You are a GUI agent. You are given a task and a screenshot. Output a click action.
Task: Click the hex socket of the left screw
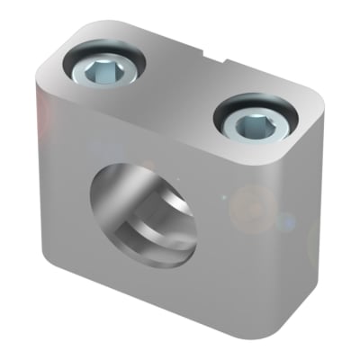[103, 67]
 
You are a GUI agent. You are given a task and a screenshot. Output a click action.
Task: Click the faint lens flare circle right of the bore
[252, 202]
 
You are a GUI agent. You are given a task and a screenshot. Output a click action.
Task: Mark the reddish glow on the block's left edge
[40, 112]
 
